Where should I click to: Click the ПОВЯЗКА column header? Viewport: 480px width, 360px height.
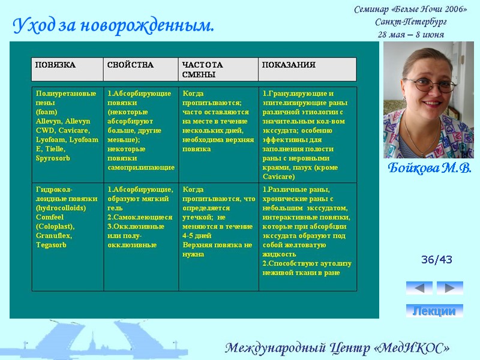(x=55, y=65)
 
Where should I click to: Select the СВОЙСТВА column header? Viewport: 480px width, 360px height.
(x=130, y=65)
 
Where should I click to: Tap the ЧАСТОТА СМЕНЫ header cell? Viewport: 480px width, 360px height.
(x=202, y=69)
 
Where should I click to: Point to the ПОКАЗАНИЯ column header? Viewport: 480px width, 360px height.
(x=289, y=65)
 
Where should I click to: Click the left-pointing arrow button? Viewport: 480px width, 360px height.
(x=419, y=288)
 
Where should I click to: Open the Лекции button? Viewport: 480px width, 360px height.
(x=434, y=311)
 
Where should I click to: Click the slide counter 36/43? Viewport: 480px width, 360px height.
(x=437, y=260)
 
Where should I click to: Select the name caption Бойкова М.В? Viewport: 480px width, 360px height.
(x=429, y=167)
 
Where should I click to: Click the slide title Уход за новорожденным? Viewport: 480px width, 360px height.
(x=113, y=26)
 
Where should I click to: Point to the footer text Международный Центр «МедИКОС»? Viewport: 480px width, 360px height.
(x=337, y=348)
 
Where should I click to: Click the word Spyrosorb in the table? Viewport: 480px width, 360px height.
(x=53, y=158)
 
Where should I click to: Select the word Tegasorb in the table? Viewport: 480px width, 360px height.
(x=51, y=245)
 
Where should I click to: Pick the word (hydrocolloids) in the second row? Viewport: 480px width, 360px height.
(x=61, y=208)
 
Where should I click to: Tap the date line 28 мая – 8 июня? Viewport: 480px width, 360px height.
(x=410, y=34)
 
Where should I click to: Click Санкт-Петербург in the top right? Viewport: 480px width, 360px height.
(x=410, y=22)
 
